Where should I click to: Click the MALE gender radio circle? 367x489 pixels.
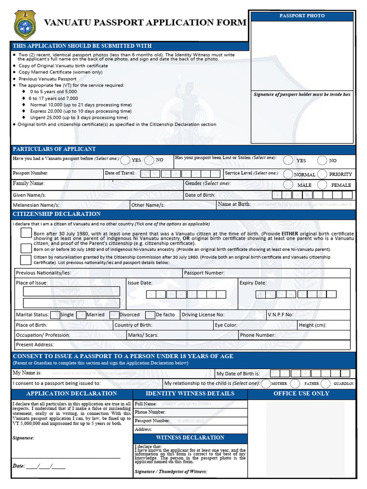(x=288, y=185)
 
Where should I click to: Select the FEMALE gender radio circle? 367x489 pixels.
(x=322, y=185)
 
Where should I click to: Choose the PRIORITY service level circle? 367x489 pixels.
(x=322, y=174)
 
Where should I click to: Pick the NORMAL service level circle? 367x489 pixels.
(x=288, y=174)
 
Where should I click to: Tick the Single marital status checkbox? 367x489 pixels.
(x=55, y=315)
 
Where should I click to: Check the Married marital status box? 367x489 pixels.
(x=81, y=315)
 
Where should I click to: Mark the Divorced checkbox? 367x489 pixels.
(x=114, y=315)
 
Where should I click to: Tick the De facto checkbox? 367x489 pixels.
(x=150, y=315)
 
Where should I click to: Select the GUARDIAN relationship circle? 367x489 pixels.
(x=325, y=383)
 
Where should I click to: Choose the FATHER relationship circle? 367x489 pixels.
(x=295, y=383)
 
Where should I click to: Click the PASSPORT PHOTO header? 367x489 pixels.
(x=302, y=16)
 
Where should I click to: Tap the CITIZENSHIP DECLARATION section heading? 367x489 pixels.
(x=56, y=214)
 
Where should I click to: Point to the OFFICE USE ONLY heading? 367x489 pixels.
(x=301, y=393)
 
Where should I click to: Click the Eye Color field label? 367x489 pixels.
(x=226, y=325)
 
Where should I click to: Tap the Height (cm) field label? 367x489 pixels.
(x=312, y=325)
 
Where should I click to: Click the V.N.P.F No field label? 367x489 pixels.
(x=280, y=315)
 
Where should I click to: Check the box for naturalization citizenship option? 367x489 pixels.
(x=26, y=259)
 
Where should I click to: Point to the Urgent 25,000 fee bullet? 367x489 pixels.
(x=79, y=117)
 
